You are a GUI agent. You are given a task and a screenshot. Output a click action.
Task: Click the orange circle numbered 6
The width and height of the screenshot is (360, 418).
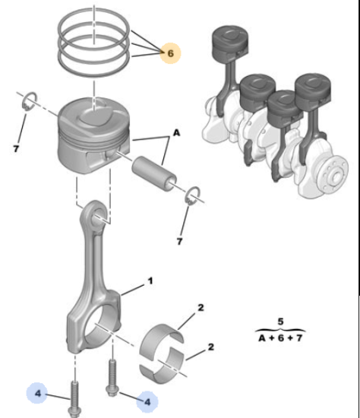[x=170, y=53]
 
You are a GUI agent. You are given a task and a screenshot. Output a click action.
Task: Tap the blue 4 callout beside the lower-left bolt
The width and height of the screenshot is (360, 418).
[x=37, y=393]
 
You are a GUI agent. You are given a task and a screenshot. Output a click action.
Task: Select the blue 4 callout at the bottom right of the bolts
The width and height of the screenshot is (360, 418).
[x=147, y=401]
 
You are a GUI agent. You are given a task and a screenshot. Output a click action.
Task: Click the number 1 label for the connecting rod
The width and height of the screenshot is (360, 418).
[x=150, y=280]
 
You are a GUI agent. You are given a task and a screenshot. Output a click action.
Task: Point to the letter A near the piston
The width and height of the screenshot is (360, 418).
[x=176, y=132]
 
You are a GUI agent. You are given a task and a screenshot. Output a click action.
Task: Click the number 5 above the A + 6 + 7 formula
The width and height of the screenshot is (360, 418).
[x=280, y=321]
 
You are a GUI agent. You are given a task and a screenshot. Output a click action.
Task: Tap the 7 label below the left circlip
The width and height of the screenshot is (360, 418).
[x=16, y=149]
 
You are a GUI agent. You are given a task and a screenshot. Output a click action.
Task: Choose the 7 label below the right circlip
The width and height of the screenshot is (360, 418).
[x=179, y=241]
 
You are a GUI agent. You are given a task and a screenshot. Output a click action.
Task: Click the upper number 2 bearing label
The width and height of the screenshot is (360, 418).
[x=201, y=308]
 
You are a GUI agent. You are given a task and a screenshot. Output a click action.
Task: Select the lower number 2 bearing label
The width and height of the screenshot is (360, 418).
[x=210, y=347]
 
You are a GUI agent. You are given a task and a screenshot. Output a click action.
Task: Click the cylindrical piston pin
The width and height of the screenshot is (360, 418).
[x=153, y=173]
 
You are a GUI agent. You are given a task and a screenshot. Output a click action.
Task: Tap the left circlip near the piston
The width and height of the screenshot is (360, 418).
[x=30, y=101]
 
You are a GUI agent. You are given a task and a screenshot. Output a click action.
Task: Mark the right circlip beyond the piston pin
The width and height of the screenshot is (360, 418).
[x=193, y=196]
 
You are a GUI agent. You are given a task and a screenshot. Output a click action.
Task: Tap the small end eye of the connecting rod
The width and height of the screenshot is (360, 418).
[x=96, y=214]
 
